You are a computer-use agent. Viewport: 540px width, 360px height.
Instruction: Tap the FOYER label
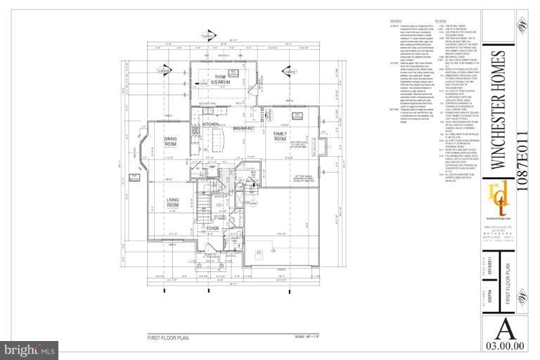212,229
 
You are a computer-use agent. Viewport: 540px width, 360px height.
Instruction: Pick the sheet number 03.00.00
506,345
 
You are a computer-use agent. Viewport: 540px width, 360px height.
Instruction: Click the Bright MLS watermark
30,349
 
